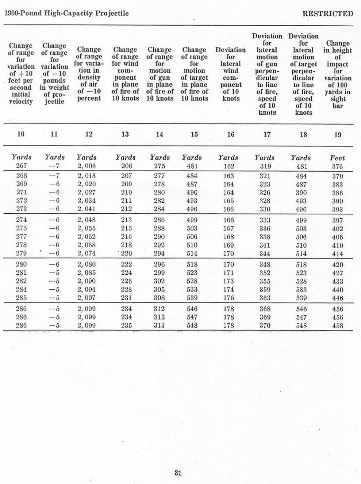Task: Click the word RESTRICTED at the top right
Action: point(328,14)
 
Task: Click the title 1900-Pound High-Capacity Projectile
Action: point(66,14)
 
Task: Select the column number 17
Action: point(267,134)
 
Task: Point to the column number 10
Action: point(21,134)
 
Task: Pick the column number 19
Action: point(338,135)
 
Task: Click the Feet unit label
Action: point(337,158)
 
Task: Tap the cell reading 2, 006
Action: point(87,166)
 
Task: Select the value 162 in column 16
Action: point(228,166)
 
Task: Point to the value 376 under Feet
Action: point(337,167)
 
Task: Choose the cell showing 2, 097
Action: point(87,298)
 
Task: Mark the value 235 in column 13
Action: point(126,325)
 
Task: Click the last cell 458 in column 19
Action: point(338,325)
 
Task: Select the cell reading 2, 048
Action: point(87,220)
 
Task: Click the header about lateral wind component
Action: point(231,74)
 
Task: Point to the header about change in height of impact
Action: point(338,74)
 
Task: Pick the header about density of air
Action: point(89,74)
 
